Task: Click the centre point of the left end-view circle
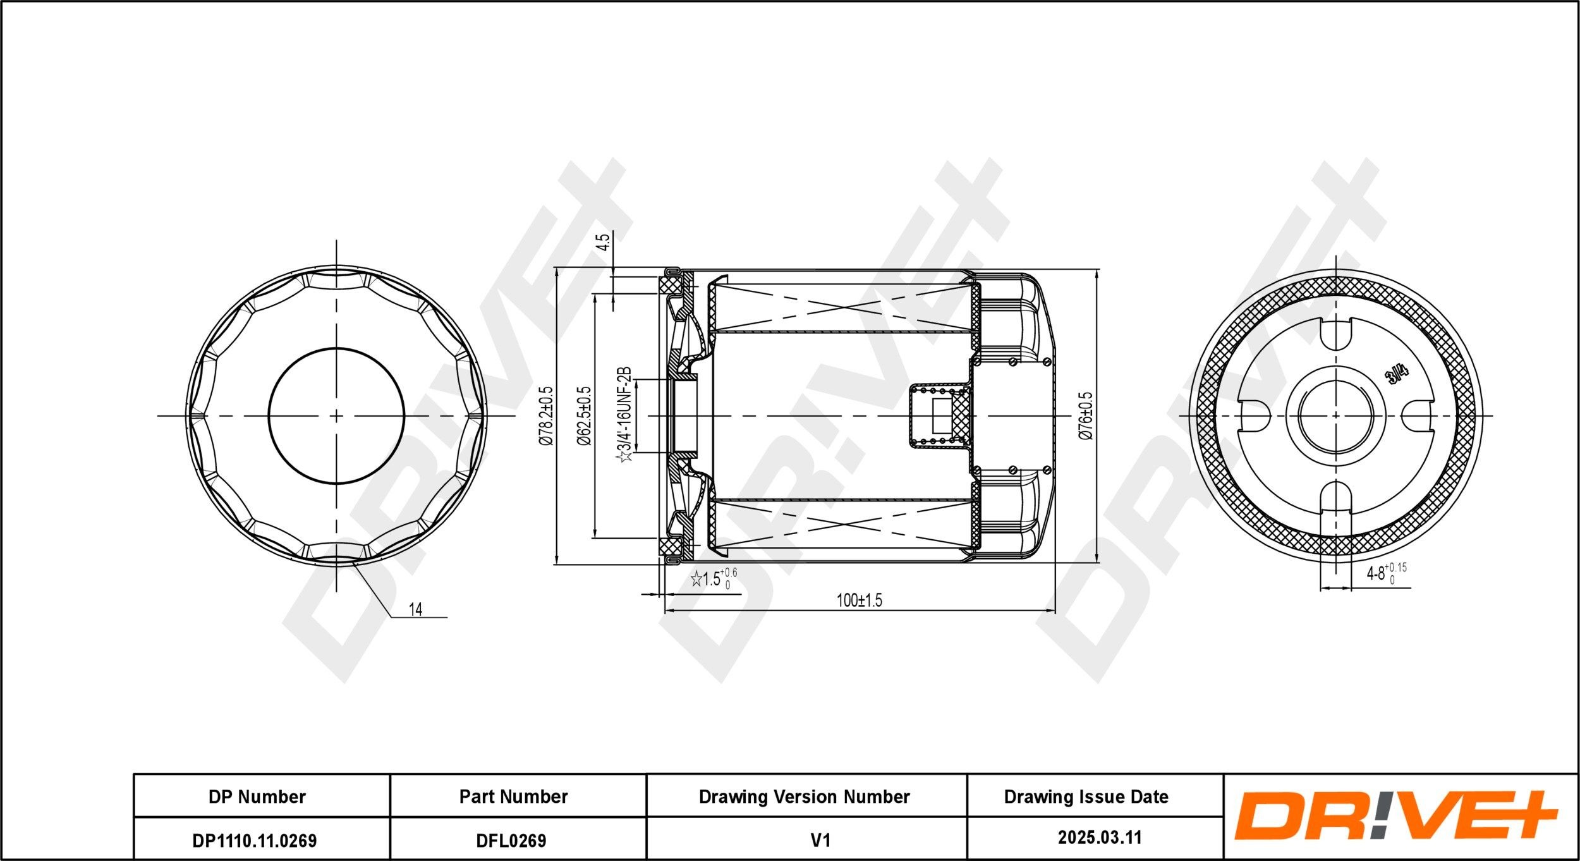point(336,416)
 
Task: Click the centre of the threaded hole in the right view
point(1335,415)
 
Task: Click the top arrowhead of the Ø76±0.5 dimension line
point(1096,276)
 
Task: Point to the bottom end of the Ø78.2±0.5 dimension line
point(556,564)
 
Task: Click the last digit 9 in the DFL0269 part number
point(540,840)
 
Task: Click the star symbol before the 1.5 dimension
point(696,578)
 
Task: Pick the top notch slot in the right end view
point(1335,334)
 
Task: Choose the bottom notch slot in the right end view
point(1335,497)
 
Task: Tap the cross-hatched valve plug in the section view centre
point(961,415)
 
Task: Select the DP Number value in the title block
point(255,840)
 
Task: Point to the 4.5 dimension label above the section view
point(604,243)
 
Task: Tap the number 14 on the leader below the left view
point(415,609)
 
